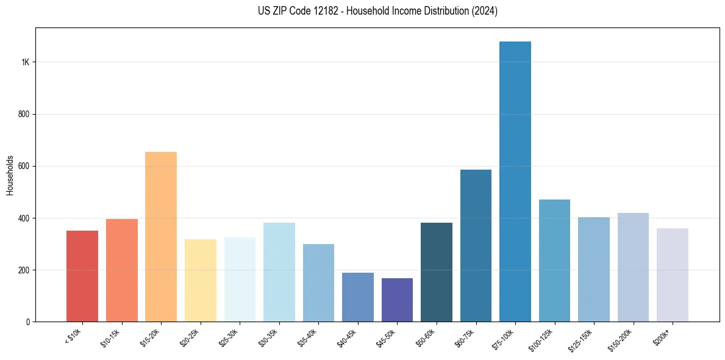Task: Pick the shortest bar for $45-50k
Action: click(x=397, y=300)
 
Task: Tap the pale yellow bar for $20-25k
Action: click(x=200, y=280)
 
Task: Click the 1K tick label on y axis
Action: click(x=24, y=62)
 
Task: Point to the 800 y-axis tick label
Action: click(x=23, y=114)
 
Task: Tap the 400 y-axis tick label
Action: click(x=23, y=218)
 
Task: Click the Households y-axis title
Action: click(x=10, y=175)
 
